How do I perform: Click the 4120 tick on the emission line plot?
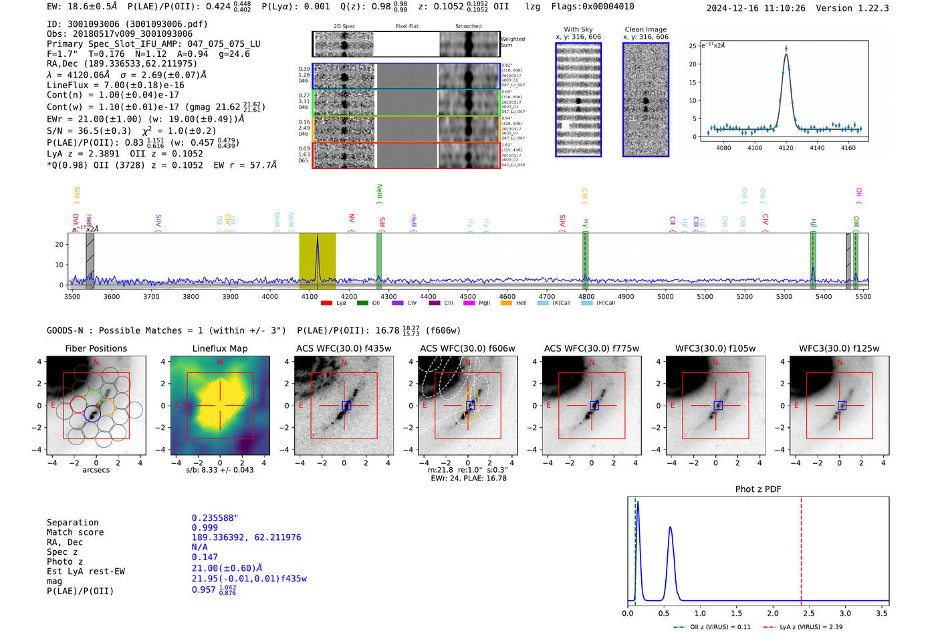point(786,148)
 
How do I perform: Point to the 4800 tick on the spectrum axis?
point(586,297)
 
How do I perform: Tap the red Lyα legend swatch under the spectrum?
point(326,303)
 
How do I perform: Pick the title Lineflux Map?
point(219,348)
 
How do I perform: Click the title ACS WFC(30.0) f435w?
point(344,348)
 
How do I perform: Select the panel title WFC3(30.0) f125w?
point(839,348)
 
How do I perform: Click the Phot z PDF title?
point(758,489)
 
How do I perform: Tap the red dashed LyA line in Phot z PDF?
point(801,548)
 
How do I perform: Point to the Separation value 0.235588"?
point(215,518)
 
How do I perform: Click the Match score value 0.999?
point(205,527)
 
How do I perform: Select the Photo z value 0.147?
point(205,557)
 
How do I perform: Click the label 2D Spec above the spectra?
point(344,27)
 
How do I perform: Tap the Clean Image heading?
point(645,29)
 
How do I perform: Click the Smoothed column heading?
point(468,27)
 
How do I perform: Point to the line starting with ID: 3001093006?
point(127,24)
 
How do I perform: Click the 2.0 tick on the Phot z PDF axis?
point(772,613)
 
